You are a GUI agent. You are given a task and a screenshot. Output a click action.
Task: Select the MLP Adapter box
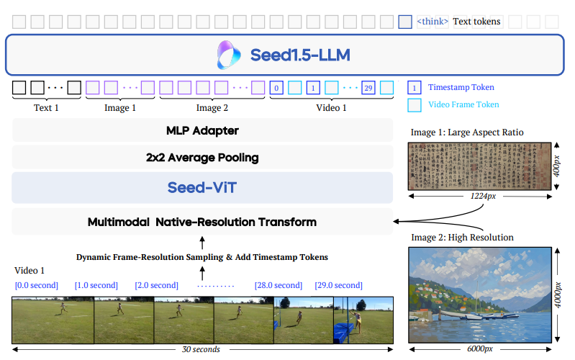coord(202,130)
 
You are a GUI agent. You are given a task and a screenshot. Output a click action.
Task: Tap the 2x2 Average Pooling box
coord(202,157)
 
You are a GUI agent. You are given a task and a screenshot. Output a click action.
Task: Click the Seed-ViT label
coord(202,187)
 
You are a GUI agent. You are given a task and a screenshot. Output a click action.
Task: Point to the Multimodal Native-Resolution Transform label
coord(202,222)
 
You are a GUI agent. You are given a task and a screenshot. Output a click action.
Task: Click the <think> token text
coord(433,22)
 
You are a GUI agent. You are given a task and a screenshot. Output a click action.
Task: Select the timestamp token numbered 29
coord(368,89)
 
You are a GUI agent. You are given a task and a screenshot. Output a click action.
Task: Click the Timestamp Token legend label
coord(461,88)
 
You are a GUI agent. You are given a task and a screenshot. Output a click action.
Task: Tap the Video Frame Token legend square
coord(415,105)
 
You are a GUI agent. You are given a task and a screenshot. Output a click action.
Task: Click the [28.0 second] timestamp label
coord(278,285)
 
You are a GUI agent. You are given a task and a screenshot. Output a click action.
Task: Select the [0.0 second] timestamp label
coord(37,285)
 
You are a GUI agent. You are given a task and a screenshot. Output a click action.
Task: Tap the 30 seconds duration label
coord(201,349)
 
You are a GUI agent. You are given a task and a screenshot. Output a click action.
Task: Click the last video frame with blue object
coord(363,320)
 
